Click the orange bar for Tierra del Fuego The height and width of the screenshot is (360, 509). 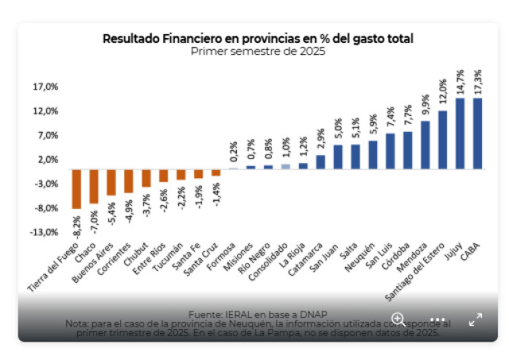pyautogui.click(x=77, y=188)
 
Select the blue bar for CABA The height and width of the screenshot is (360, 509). pyautogui.click(x=477, y=133)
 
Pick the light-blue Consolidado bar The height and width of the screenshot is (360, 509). pyautogui.click(x=286, y=166)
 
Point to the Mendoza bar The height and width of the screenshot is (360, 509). pyautogui.click(x=425, y=144)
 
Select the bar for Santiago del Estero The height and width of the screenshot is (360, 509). pyautogui.click(x=442, y=139)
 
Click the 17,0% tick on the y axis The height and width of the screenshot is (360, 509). pyautogui.click(x=46, y=87)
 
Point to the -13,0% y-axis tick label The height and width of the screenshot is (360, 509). pyautogui.click(x=45, y=232)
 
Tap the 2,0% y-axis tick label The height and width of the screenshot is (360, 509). pyautogui.click(x=48, y=159)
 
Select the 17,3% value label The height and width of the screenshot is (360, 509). pyautogui.click(x=477, y=83)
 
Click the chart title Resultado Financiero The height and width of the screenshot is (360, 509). pyautogui.click(x=258, y=38)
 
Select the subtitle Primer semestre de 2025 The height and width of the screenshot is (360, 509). pyautogui.click(x=258, y=52)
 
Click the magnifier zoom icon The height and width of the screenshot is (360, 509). pyautogui.click(x=398, y=319)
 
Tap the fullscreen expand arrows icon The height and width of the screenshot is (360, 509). pyautogui.click(x=476, y=319)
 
